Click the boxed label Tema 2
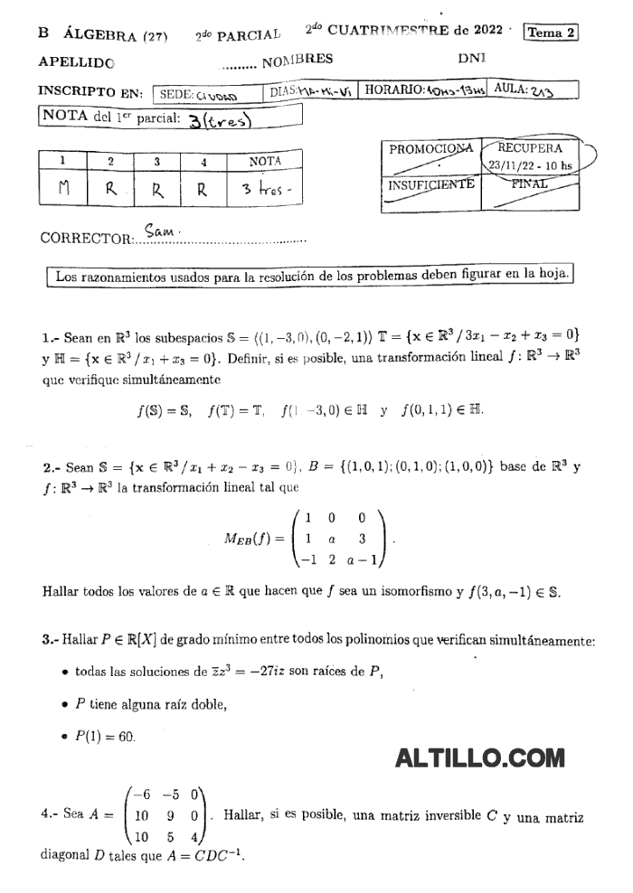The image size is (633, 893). coord(551,32)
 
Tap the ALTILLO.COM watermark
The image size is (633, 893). coord(479,757)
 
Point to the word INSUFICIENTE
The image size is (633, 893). coord(431,184)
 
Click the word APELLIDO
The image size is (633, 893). coord(77,62)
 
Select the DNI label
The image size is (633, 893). coord(472,58)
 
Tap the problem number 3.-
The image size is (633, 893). coord(50,640)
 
